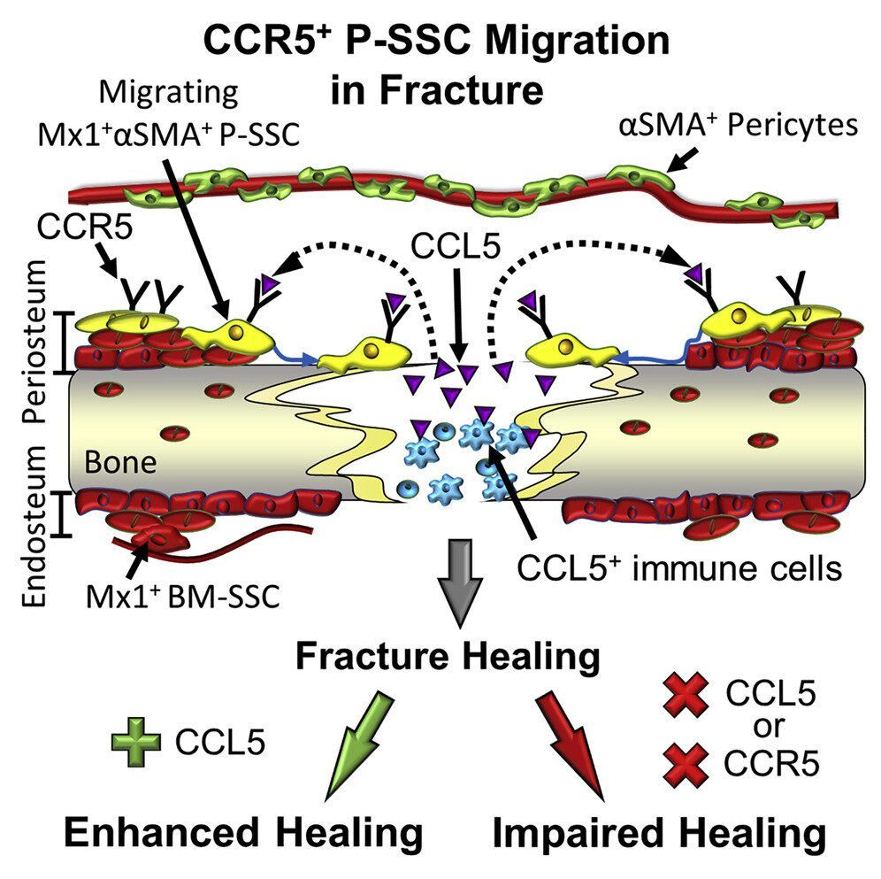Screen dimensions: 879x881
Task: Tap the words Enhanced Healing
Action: [x=241, y=833]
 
